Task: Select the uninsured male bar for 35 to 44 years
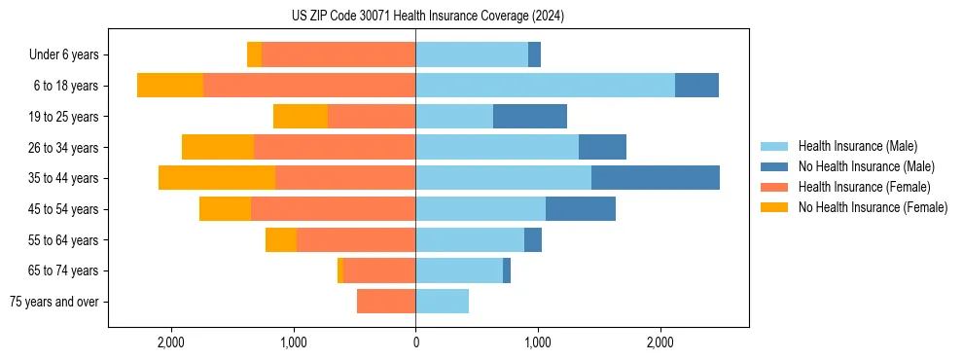point(656,178)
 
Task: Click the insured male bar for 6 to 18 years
point(545,86)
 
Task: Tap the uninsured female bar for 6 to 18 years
point(170,86)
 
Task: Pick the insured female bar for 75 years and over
point(386,302)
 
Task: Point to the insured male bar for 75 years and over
point(442,302)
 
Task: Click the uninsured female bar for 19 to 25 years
point(301,117)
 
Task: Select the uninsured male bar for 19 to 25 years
point(530,117)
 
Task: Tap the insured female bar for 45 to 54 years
point(333,209)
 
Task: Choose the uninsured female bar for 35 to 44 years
point(217,178)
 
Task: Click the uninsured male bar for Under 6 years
point(534,54)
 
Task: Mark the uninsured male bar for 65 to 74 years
point(507,270)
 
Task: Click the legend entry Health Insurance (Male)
point(857,146)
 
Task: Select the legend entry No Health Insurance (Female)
point(873,207)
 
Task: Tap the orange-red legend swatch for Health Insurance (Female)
point(774,187)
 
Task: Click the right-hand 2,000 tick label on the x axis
point(660,342)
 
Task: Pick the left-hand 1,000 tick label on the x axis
point(293,342)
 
